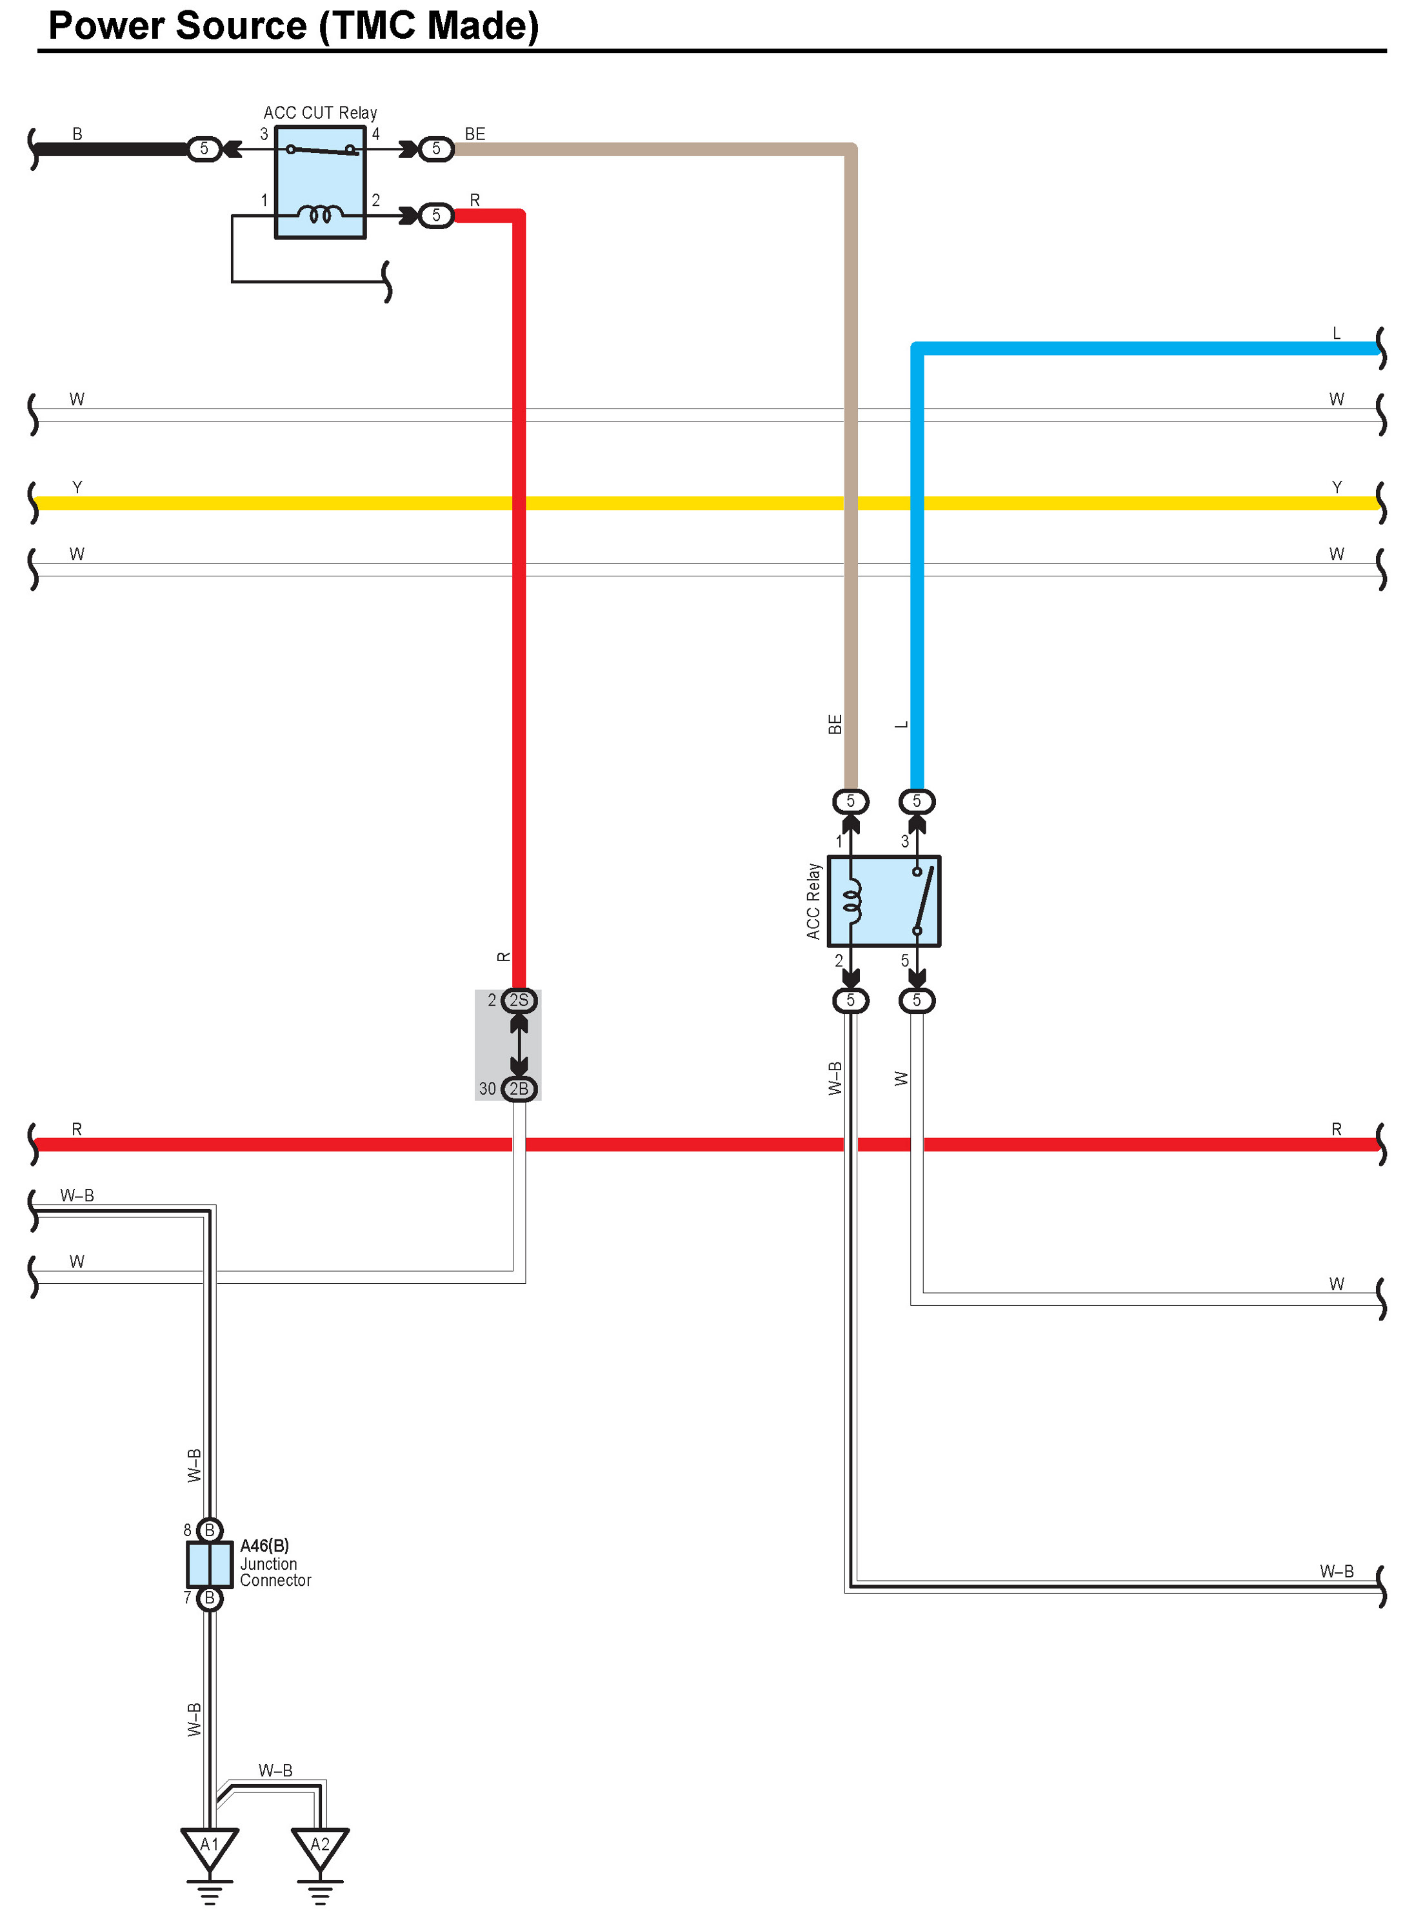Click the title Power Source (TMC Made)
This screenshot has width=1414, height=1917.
point(293,26)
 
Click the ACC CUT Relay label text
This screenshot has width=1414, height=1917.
point(319,113)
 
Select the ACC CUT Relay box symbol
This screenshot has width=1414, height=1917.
point(319,183)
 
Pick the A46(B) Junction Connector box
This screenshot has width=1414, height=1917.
point(209,1564)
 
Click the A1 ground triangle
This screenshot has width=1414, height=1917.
point(209,1846)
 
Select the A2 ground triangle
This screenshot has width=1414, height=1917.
point(319,1846)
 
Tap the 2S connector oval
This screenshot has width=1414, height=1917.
point(519,1000)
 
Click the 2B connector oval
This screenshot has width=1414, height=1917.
point(519,1088)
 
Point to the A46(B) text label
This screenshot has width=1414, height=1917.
point(264,1545)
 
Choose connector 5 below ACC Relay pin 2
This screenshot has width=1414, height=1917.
point(850,1000)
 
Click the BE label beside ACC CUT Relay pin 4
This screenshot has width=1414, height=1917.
point(474,134)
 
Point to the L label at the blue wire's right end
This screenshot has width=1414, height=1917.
point(1335,333)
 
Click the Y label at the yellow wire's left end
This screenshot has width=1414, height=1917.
point(77,487)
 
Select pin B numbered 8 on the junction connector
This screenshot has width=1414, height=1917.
point(209,1530)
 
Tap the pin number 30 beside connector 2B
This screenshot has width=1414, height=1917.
point(487,1088)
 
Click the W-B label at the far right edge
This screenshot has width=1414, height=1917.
point(1335,1571)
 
